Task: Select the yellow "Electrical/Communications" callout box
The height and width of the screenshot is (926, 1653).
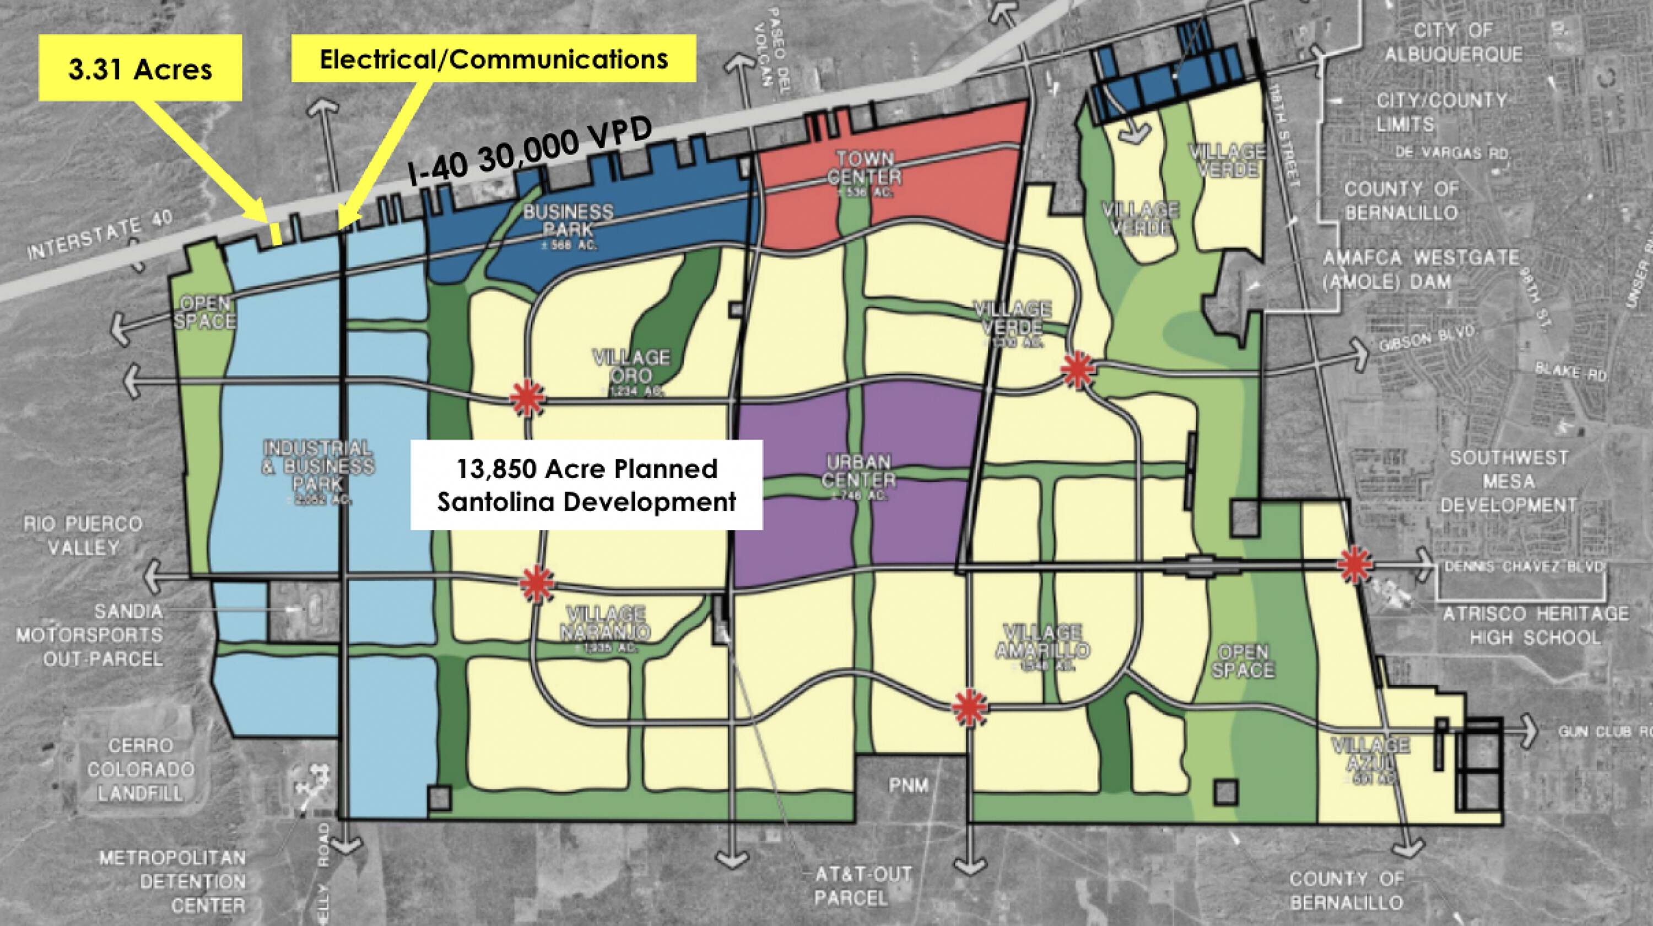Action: point(494,59)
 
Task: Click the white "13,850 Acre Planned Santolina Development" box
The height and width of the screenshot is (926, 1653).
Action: point(586,485)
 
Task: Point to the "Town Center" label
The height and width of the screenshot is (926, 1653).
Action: point(865,169)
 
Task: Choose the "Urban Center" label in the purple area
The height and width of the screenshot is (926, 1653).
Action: point(858,472)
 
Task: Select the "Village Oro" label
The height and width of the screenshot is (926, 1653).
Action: point(631,367)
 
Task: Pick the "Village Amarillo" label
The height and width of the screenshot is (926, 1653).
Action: point(1042,641)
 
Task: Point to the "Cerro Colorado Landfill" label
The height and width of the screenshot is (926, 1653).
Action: point(141,769)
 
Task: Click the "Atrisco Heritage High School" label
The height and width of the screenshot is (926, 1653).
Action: point(1535,625)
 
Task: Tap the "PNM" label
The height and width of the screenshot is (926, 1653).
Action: point(909,785)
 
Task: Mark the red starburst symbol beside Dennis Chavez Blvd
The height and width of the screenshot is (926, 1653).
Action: point(1354,564)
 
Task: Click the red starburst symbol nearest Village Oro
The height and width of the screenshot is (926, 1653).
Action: point(528,399)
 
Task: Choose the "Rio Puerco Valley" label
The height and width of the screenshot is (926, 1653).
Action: point(83,536)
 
